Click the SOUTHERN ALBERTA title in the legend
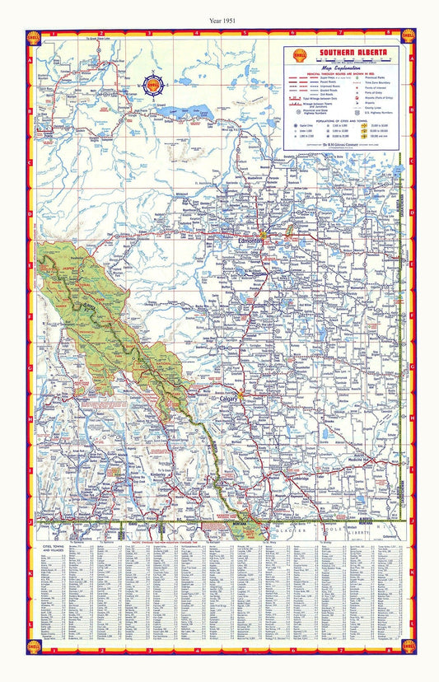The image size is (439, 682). pos(349,54)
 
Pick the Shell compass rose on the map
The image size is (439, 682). pos(153,84)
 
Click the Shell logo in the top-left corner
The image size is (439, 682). pos(33,36)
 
